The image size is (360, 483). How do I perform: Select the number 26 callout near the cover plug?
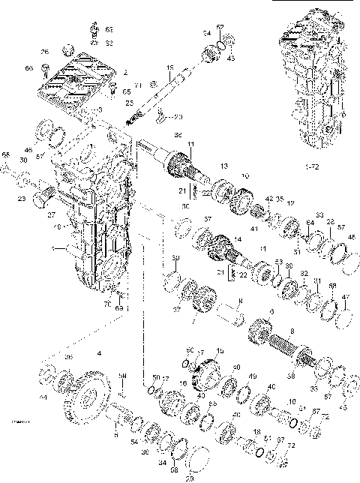(x=45, y=52)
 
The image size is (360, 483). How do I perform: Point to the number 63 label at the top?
(x=109, y=29)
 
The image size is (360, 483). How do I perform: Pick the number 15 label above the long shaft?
(x=170, y=69)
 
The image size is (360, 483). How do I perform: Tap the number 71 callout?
(x=138, y=86)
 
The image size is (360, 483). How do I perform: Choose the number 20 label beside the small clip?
(x=178, y=117)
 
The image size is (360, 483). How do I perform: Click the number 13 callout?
(x=223, y=165)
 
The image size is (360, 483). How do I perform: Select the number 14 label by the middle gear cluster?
(x=238, y=237)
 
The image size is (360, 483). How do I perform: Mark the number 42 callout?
(x=267, y=199)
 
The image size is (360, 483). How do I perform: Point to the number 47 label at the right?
(x=346, y=298)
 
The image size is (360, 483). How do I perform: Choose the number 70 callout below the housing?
(x=106, y=305)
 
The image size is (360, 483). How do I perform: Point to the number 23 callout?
(x=21, y=198)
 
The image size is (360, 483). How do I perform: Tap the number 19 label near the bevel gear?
(x=220, y=351)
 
